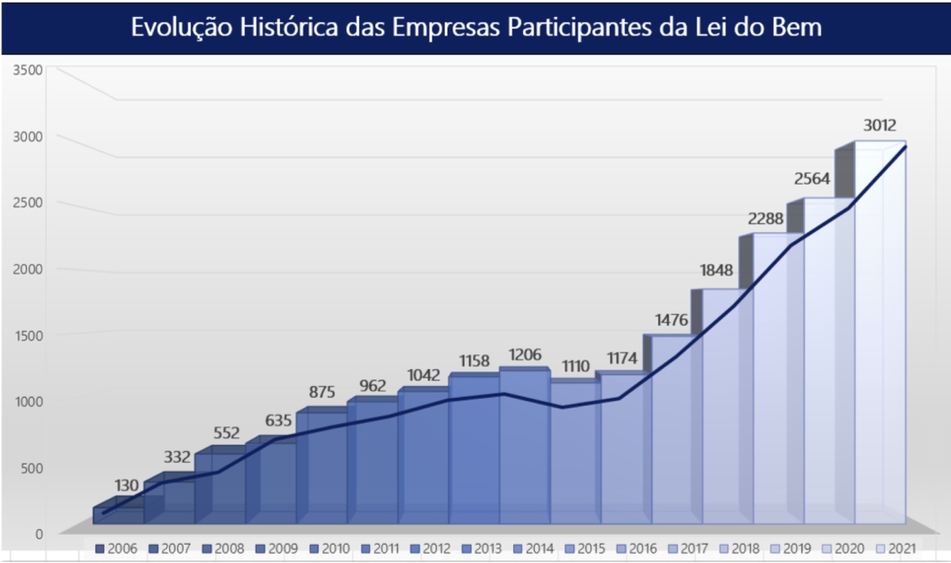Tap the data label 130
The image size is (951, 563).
coord(126,485)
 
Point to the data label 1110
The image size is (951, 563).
coord(577,366)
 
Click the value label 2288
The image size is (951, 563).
coord(766,219)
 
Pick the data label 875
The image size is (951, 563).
coord(321,393)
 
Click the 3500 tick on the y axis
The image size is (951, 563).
coord(28,70)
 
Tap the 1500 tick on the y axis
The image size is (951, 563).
coord(28,335)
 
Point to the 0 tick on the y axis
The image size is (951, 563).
coord(38,534)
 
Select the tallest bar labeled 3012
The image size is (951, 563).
coord(880,336)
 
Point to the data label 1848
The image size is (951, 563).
coord(716,271)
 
